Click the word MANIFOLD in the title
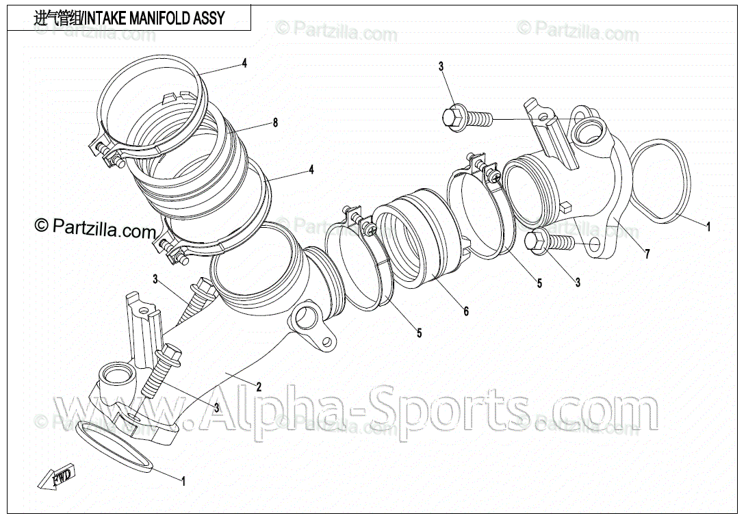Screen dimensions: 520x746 click(x=155, y=17)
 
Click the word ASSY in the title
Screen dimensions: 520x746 click(x=209, y=17)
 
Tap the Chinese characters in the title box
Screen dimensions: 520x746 click(x=57, y=17)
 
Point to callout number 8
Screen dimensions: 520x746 click(x=275, y=123)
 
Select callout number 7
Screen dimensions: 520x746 click(x=647, y=255)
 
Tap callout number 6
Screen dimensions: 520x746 click(x=466, y=311)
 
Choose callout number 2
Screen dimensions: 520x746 click(x=259, y=386)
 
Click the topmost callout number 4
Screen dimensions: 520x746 click(x=244, y=64)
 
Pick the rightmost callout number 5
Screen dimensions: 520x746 click(x=539, y=283)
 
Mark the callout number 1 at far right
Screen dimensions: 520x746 click(x=709, y=224)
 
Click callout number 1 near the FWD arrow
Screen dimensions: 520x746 click(x=183, y=481)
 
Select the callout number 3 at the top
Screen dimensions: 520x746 click(x=441, y=66)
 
